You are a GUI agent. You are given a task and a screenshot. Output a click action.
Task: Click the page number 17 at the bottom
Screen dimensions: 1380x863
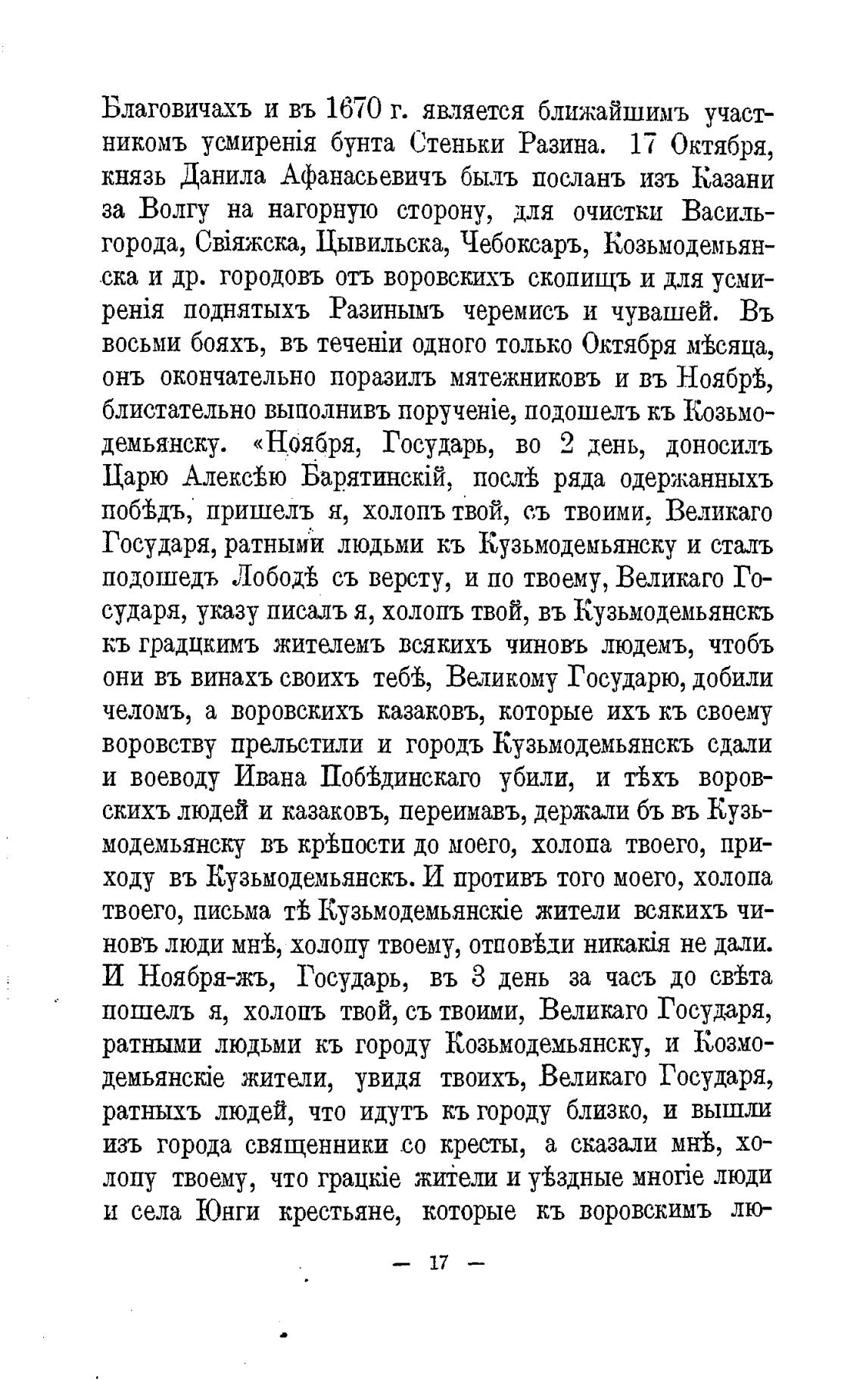click(x=439, y=1263)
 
